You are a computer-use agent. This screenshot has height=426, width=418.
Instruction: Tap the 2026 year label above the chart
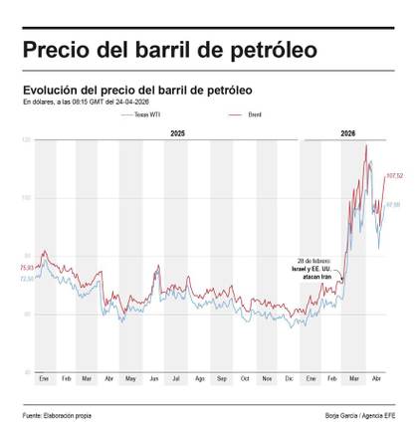(x=348, y=132)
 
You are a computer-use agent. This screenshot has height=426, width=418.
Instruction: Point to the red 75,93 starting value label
(x=27, y=267)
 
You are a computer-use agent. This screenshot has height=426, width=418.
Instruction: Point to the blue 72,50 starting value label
(x=27, y=279)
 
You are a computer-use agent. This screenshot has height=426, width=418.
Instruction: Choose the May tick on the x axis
(x=131, y=380)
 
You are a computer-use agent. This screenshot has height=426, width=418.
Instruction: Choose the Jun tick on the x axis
(x=153, y=380)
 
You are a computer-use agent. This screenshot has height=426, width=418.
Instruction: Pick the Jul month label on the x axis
(x=176, y=380)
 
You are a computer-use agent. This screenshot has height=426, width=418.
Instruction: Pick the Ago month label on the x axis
(x=200, y=380)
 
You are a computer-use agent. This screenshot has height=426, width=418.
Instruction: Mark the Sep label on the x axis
(x=222, y=380)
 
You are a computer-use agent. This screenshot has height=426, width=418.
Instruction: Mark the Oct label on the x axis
(x=244, y=380)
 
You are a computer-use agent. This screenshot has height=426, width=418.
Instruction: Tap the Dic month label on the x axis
(x=289, y=380)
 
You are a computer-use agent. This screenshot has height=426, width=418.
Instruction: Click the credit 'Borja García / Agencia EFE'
(x=360, y=413)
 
